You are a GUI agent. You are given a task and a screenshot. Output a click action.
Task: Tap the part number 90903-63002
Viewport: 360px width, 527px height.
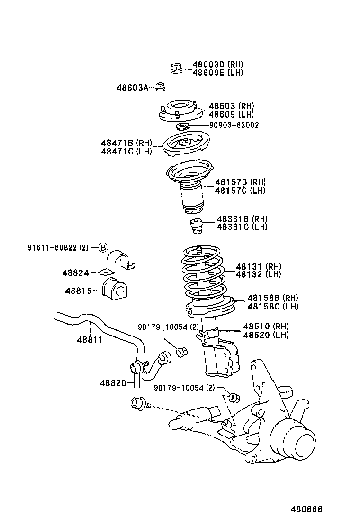(x=234, y=125)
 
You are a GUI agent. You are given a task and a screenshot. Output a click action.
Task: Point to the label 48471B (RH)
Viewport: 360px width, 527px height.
(x=126, y=143)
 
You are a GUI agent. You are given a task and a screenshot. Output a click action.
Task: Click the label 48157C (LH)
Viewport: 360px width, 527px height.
(x=240, y=191)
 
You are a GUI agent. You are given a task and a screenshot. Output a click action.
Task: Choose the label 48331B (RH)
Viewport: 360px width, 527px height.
(x=242, y=219)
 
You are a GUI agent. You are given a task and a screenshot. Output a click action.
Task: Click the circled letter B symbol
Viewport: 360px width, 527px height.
(x=103, y=247)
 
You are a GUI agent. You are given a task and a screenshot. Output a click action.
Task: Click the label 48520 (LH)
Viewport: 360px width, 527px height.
(x=265, y=335)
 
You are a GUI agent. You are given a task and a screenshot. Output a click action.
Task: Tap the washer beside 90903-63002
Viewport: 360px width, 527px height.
(x=183, y=126)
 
